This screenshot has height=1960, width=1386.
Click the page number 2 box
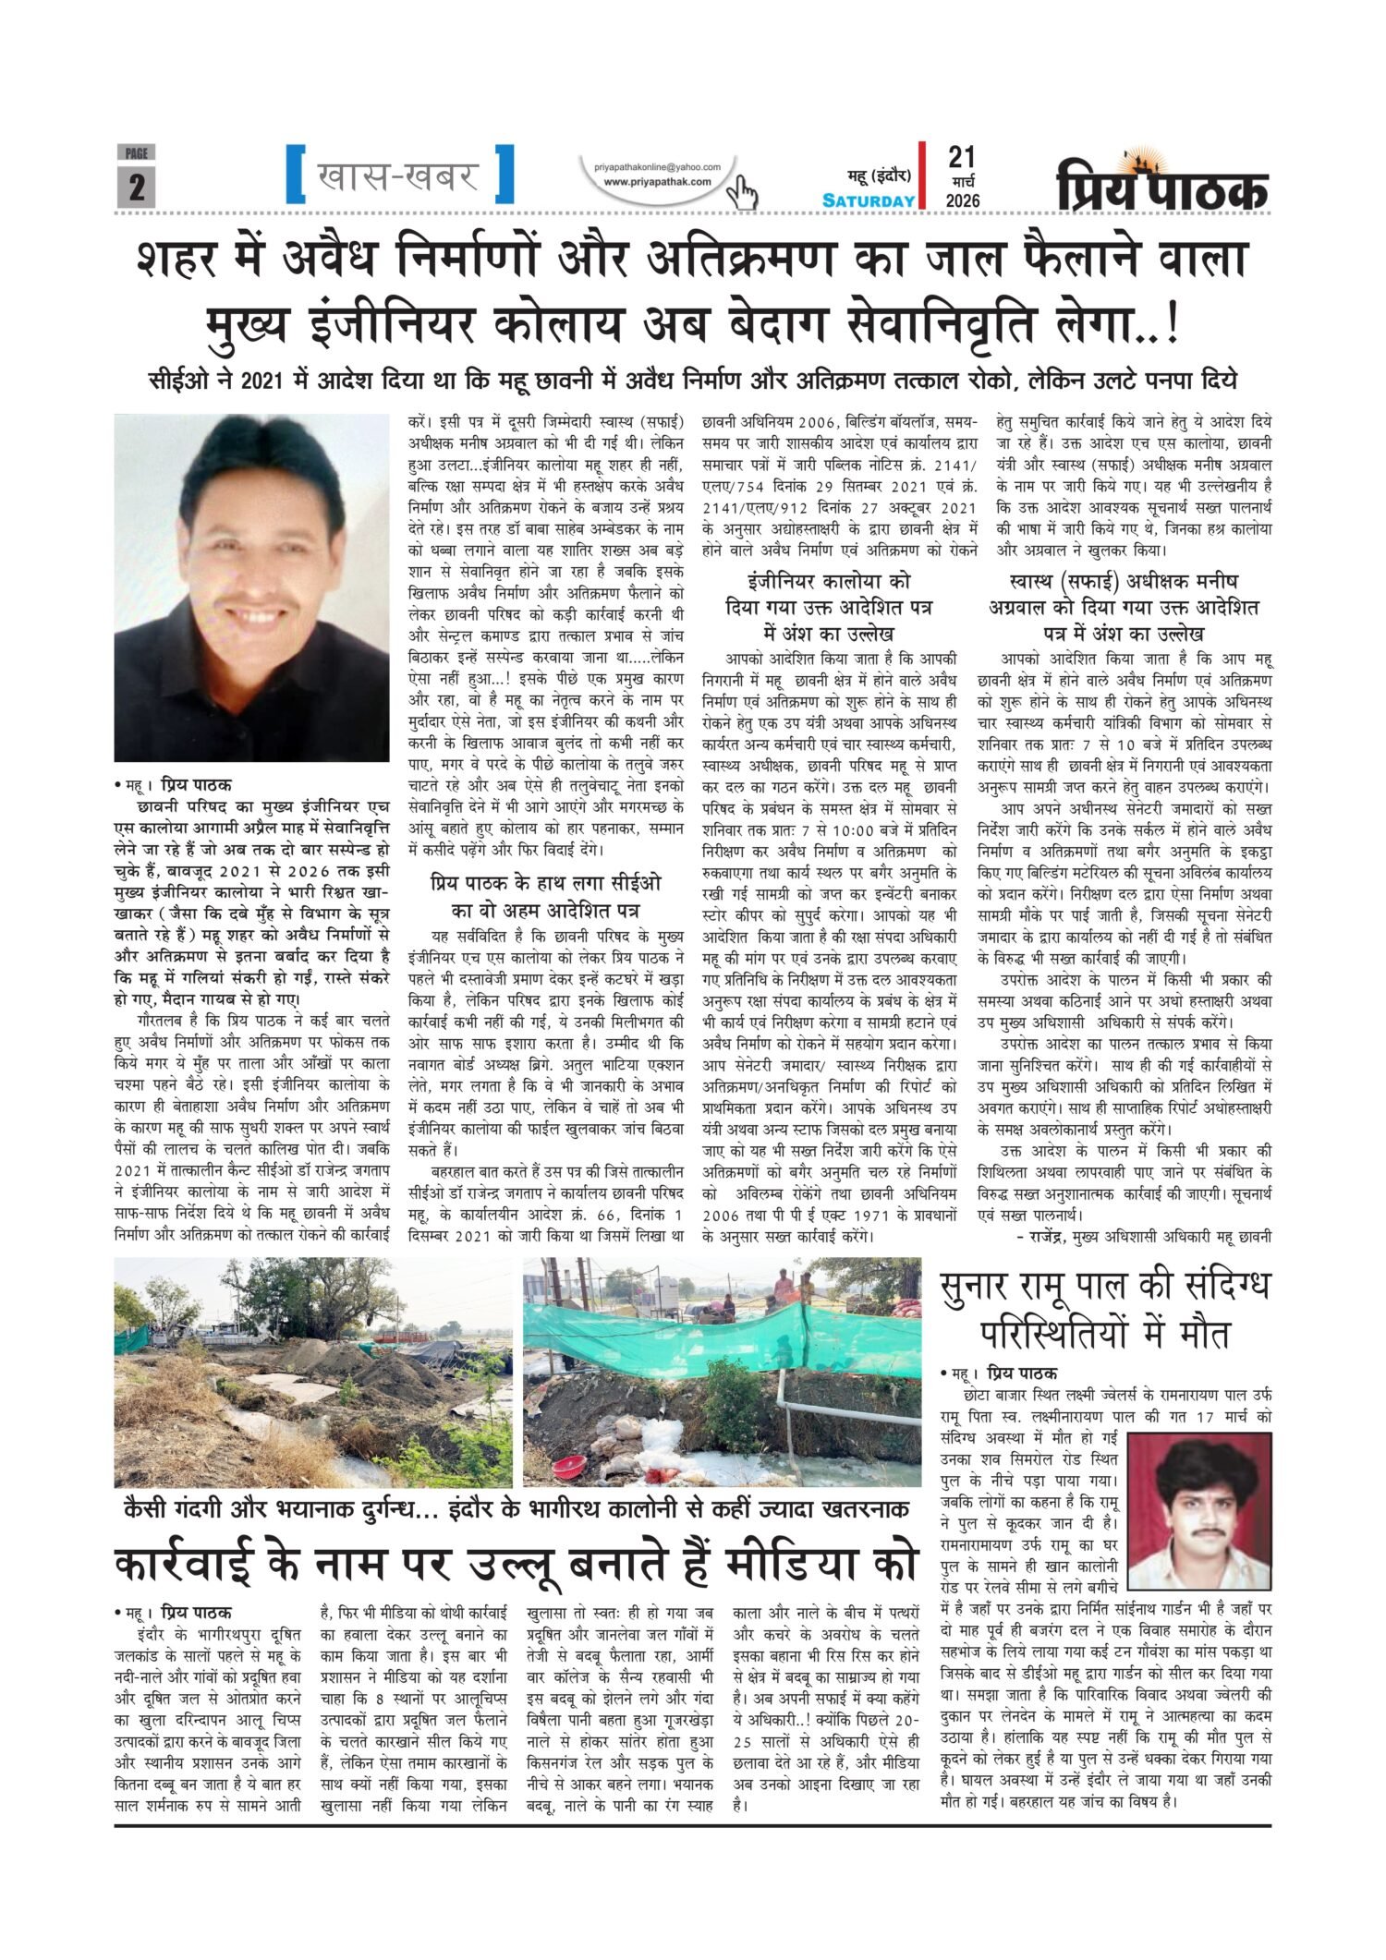[x=137, y=188]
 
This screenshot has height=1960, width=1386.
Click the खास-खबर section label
[x=398, y=174]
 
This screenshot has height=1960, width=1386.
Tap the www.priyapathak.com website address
[x=657, y=182]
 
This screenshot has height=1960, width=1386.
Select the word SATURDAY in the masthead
[x=869, y=200]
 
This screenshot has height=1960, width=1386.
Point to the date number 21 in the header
[x=961, y=156]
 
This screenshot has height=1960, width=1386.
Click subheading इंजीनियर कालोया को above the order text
[x=828, y=583]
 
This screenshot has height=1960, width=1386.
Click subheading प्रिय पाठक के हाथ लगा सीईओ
[x=546, y=885]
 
